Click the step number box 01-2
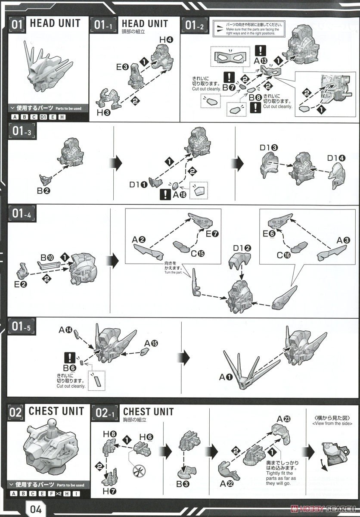coord(196,25)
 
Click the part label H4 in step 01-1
coord(166,40)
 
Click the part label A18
coord(179,195)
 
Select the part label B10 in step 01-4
coord(47,258)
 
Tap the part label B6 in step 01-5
coord(69,368)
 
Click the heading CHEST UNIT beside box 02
coord(56,411)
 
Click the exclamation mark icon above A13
coord(260,50)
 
